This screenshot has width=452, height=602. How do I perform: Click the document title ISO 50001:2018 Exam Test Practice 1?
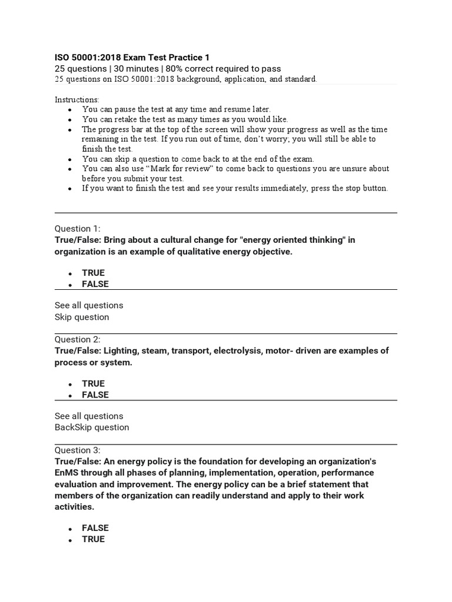click(x=132, y=57)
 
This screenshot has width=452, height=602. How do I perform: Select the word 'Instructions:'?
click(x=77, y=99)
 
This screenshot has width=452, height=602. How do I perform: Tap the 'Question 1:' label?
click(x=78, y=228)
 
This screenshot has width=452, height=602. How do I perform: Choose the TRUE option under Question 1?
click(x=93, y=273)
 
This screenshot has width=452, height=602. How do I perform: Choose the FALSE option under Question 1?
click(x=95, y=284)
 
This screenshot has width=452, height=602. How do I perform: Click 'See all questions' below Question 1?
click(x=89, y=305)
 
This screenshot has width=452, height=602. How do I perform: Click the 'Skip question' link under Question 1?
click(x=82, y=317)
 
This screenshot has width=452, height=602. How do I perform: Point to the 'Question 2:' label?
click(x=78, y=339)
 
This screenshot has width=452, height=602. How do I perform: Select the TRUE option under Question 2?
click(x=93, y=383)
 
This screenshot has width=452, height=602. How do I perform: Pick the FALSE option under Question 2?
click(x=95, y=394)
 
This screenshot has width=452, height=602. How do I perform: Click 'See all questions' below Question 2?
click(x=89, y=416)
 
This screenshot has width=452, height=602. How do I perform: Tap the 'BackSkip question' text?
click(x=92, y=427)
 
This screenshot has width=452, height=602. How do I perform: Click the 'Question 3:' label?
click(x=78, y=450)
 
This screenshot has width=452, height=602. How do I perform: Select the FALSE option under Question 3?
click(x=95, y=528)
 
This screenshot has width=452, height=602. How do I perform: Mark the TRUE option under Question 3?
click(x=93, y=539)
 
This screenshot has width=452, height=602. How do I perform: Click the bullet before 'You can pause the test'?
click(x=70, y=110)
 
